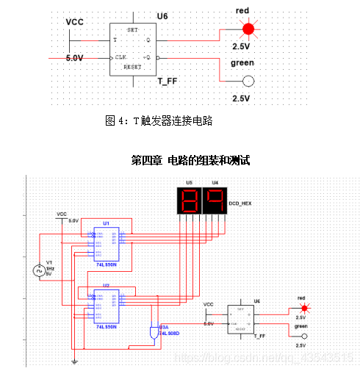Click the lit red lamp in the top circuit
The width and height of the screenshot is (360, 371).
click(248, 29)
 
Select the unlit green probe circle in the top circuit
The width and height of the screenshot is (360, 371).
click(248, 81)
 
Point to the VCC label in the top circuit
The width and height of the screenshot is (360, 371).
click(75, 22)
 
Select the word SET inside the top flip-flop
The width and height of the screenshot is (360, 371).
click(132, 29)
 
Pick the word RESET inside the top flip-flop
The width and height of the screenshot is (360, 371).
click(132, 66)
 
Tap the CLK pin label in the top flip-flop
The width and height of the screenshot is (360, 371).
click(122, 56)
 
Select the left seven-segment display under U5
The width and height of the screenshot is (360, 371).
click(189, 200)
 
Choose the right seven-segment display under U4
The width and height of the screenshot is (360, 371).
click(214, 200)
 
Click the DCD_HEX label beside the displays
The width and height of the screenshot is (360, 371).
click(242, 200)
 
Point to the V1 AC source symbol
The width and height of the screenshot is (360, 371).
click(40, 270)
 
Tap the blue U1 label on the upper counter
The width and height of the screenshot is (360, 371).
click(107, 222)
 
